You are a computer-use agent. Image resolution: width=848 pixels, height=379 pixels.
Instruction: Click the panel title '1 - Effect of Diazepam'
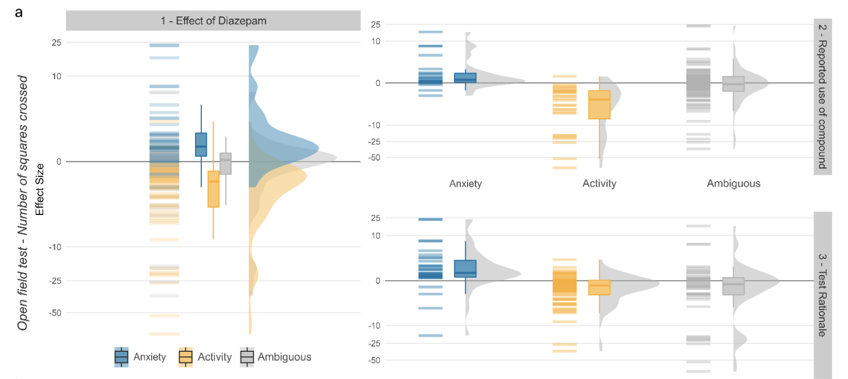click(x=213, y=21)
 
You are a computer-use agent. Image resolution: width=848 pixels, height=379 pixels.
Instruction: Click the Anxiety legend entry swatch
click(x=122, y=357)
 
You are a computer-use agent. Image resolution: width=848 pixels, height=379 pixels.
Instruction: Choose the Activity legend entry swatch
click(x=185, y=357)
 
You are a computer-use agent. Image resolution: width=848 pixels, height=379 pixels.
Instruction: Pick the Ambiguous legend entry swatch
click(x=247, y=357)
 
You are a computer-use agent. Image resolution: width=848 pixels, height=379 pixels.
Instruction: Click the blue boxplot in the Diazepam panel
click(x=201, y=145)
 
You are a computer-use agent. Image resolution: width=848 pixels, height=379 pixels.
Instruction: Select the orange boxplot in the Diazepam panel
click(x=213, y=189)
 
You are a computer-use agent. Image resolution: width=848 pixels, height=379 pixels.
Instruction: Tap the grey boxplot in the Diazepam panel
click(x=226, y=163)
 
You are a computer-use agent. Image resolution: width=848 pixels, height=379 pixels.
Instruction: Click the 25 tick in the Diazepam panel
click(x=56, y=42)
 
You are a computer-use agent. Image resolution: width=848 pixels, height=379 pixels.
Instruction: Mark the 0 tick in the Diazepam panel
click(x=59, y=162)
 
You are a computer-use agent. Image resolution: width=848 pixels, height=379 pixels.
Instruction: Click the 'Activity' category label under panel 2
click(x=599, y=183)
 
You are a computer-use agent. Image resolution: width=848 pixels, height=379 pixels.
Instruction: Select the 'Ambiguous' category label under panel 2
click(x=733, y=183)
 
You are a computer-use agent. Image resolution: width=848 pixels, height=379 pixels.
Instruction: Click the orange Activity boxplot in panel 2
click(x=599, y=105)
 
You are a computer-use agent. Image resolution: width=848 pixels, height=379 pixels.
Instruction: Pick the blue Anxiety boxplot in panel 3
click(x=465, y=269)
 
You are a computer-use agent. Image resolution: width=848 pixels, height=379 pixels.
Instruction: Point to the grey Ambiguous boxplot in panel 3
click(x=733, y=286)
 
